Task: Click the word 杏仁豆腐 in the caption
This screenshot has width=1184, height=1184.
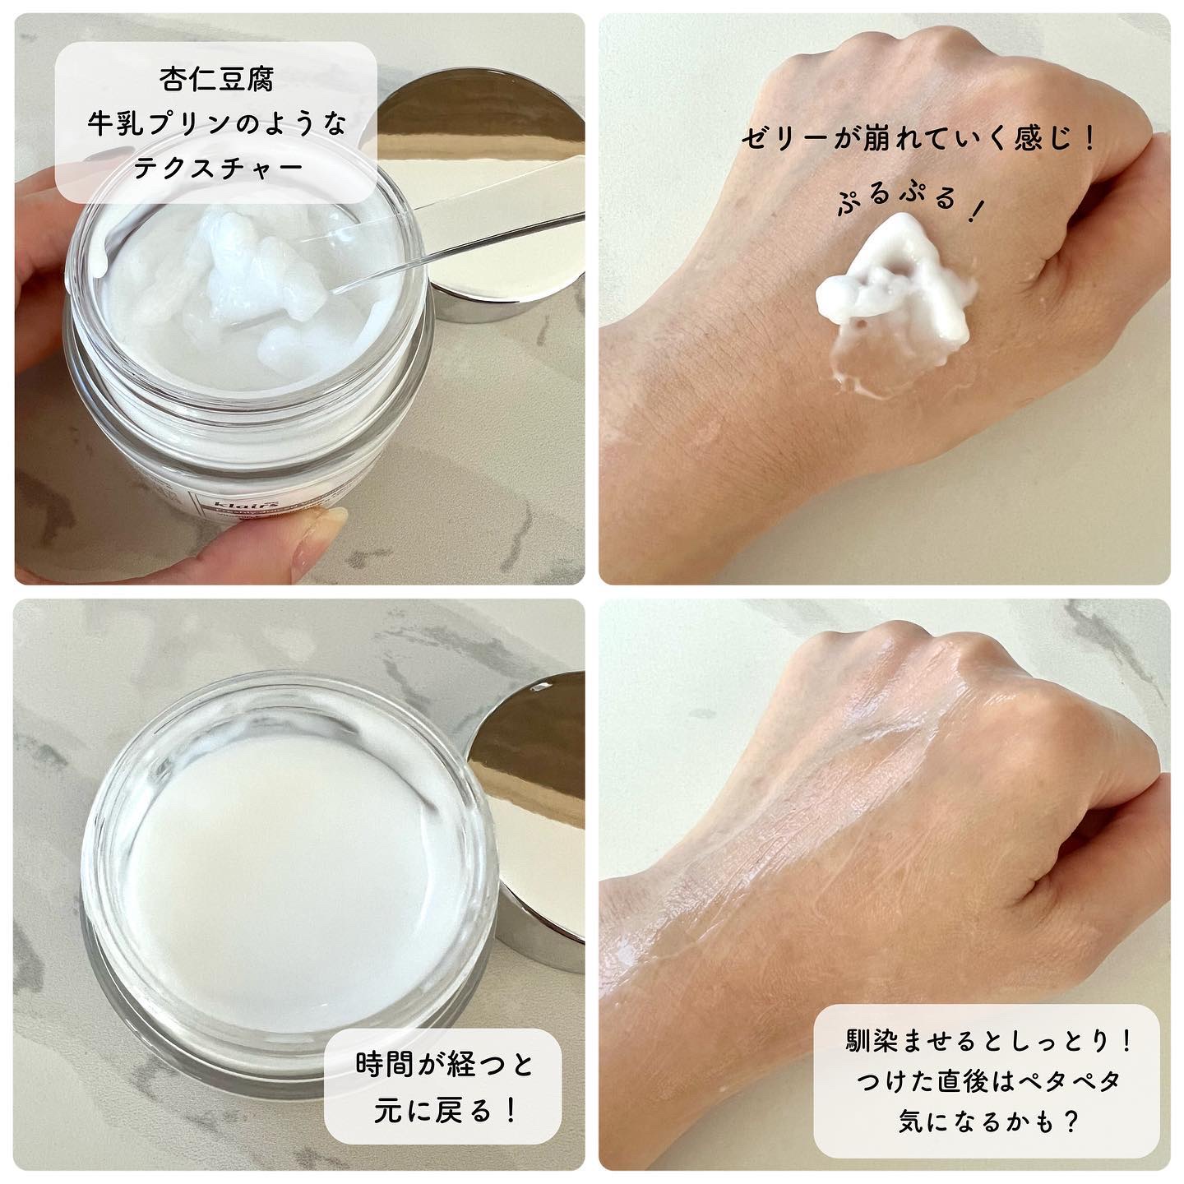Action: [x=216, y=80]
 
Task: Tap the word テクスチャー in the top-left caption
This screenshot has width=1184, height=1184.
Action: [x=216, y=167]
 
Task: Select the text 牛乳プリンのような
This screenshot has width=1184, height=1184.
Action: [x=216, y=123]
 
